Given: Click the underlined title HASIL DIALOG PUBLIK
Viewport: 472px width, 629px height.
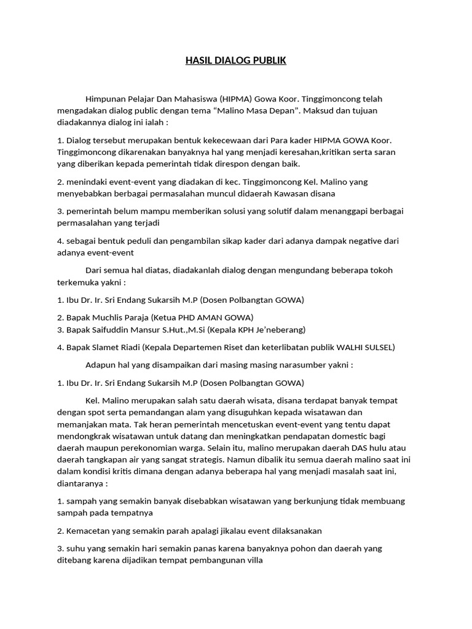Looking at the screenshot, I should pos(236,61).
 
